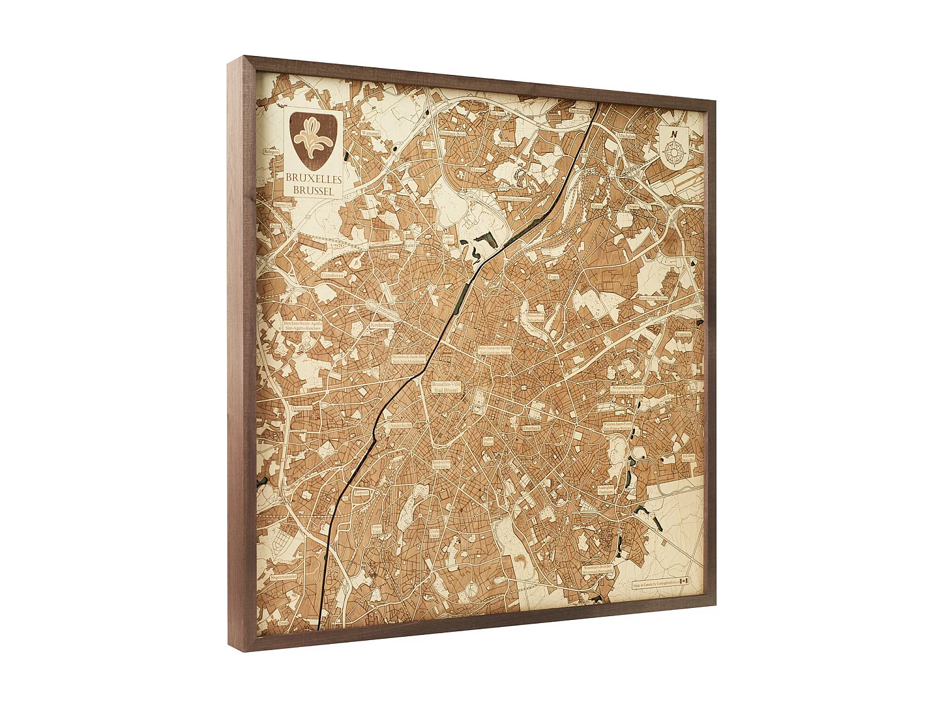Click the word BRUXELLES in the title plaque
(313, 178)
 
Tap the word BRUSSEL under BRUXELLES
(313, 189)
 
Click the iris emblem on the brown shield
(313, 140)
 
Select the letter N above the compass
(674, 133)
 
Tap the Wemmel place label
(371, 133)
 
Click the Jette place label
(394, 256)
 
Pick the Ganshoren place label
(334, 275)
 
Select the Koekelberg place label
(382, 325)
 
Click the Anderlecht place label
(400, 426)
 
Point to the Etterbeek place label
(532, 428)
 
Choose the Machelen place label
(626, 136)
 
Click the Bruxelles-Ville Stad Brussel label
(446, 387)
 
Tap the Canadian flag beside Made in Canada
(685, 581)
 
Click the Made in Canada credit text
(655, 583)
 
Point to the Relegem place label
(271, 152)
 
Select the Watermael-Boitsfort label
(598, 570)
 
